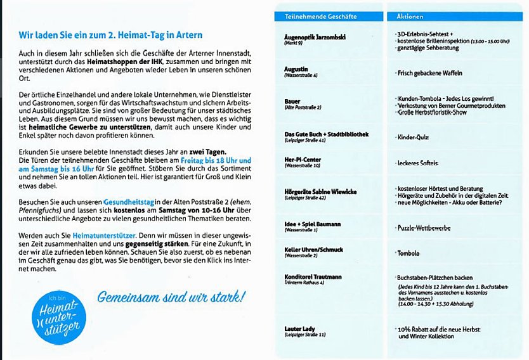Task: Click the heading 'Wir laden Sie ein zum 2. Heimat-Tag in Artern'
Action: point(110,35)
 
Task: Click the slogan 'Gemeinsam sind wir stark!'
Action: point(171,297)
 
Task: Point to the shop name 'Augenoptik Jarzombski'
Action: point(315,37)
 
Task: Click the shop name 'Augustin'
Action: point(297,68)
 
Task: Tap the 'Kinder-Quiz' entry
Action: point(413,137)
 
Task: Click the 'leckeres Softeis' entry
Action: point(417,163)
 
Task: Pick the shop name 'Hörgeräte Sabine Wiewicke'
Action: point(320,191)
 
